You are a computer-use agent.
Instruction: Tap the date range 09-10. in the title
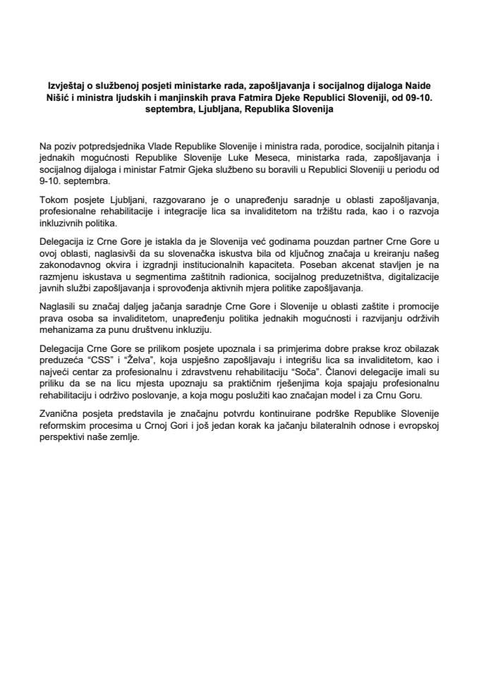[x=421, y=99]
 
